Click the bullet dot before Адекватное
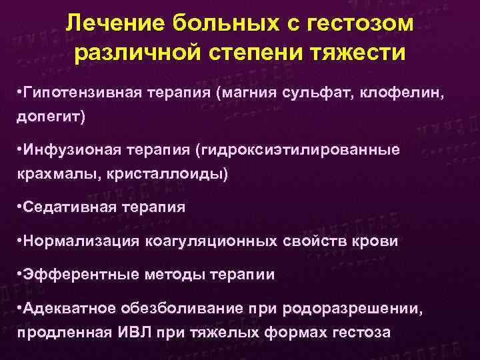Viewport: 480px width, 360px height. point(18,307)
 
